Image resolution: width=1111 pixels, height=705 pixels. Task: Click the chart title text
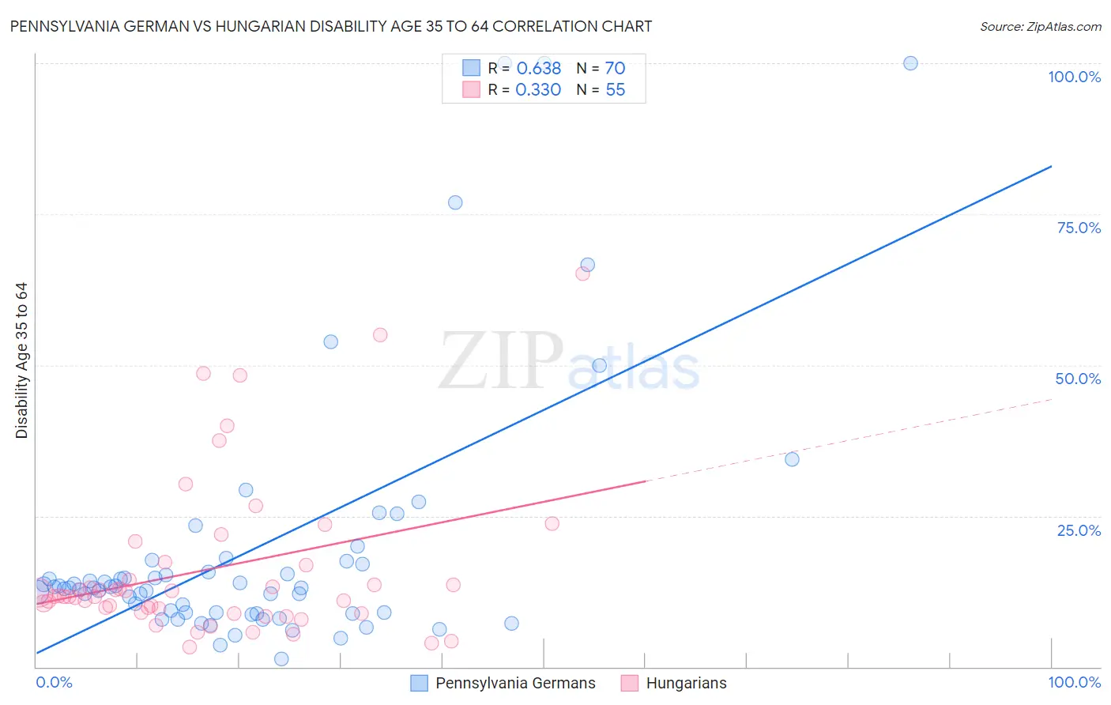tap(331, 26)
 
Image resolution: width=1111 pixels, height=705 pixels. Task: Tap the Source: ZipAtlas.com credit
tap(1040, 26)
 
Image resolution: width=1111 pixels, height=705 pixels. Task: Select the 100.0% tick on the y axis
tap(1074, 77)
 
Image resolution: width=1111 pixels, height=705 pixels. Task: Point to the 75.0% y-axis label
tap(1078, 228)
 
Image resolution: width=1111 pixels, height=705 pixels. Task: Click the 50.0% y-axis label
tap(1078, 379)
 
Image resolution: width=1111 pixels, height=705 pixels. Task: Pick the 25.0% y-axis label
tap(1078, 530)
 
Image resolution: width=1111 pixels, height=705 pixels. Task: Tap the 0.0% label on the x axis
tap(54, 682)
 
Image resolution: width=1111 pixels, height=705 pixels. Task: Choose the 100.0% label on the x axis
tap(1074, 682)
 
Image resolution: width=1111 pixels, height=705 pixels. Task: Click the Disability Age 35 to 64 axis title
tap(21, 360)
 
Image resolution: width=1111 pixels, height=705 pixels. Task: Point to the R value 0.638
tap(538, 69)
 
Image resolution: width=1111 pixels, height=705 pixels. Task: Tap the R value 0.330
tap(538, 90)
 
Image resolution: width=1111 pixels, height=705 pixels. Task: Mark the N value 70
tap(615, 69)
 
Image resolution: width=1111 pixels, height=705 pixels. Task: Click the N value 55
tap(615, 90)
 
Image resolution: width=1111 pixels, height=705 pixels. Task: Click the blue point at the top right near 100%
tap(910, 63)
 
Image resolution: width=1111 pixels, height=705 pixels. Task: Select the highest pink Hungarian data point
tap(582, 273)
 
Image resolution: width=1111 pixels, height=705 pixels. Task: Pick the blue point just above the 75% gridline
tap(455, 202)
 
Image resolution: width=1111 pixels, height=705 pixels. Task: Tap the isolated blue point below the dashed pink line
tap(792, 459)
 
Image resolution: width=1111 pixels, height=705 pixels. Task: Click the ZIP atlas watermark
tap(569, 362)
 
